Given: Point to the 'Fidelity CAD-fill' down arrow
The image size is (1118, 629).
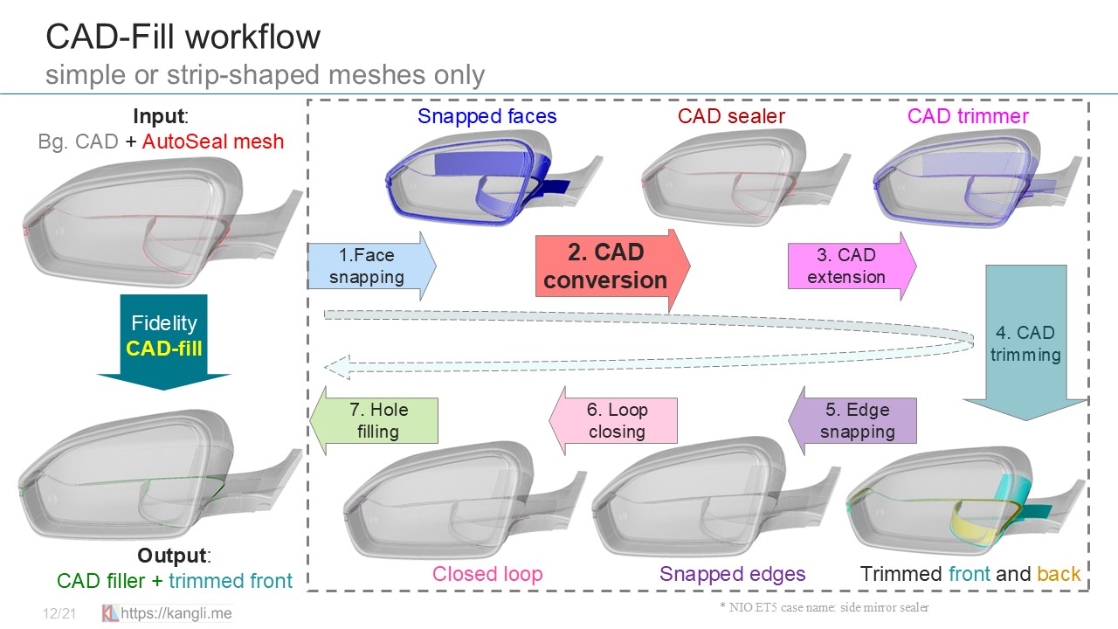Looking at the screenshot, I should [x=163, y=337].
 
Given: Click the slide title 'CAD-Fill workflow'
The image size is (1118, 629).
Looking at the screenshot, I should [x=183, y=38].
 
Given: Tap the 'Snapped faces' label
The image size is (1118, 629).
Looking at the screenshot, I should [x=487, y=116].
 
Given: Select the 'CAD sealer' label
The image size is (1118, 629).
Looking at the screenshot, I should [x=731, y=116].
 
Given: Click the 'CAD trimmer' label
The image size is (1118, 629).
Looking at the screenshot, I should [x=968, y=116].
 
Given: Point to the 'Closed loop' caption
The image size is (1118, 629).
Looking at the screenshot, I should [x=487, y=574].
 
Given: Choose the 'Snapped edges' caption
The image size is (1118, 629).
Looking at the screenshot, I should [x=732, y=574].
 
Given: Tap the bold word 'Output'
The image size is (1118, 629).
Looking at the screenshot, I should [x=173, y=556].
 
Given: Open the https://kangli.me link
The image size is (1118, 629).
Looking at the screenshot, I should [x=176, y=613].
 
